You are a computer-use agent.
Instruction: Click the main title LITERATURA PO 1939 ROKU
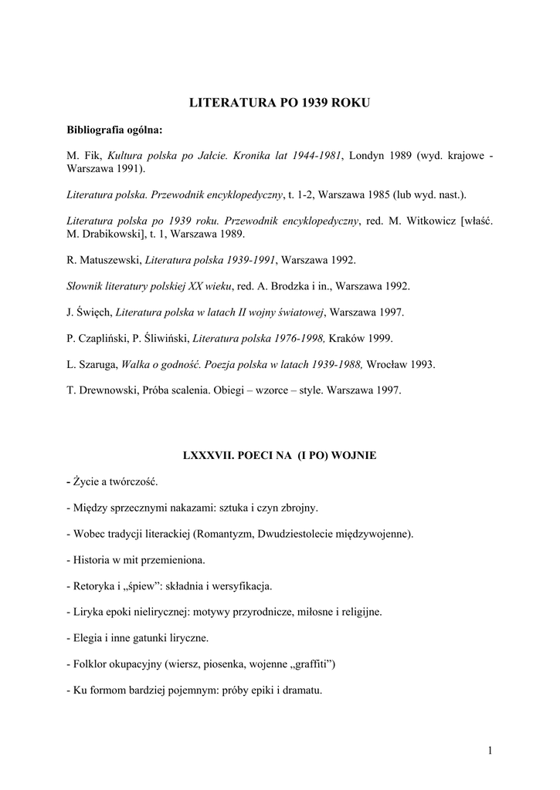(x=280, y=102)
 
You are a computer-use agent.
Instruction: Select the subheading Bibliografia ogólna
(x=114, y=129)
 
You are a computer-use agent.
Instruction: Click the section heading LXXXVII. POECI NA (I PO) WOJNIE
(x=280, y=455)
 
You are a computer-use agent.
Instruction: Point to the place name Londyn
(x=368, y=155)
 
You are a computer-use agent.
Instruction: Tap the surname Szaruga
(x=99, y=364)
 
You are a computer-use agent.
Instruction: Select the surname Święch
(x=95, y=312)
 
